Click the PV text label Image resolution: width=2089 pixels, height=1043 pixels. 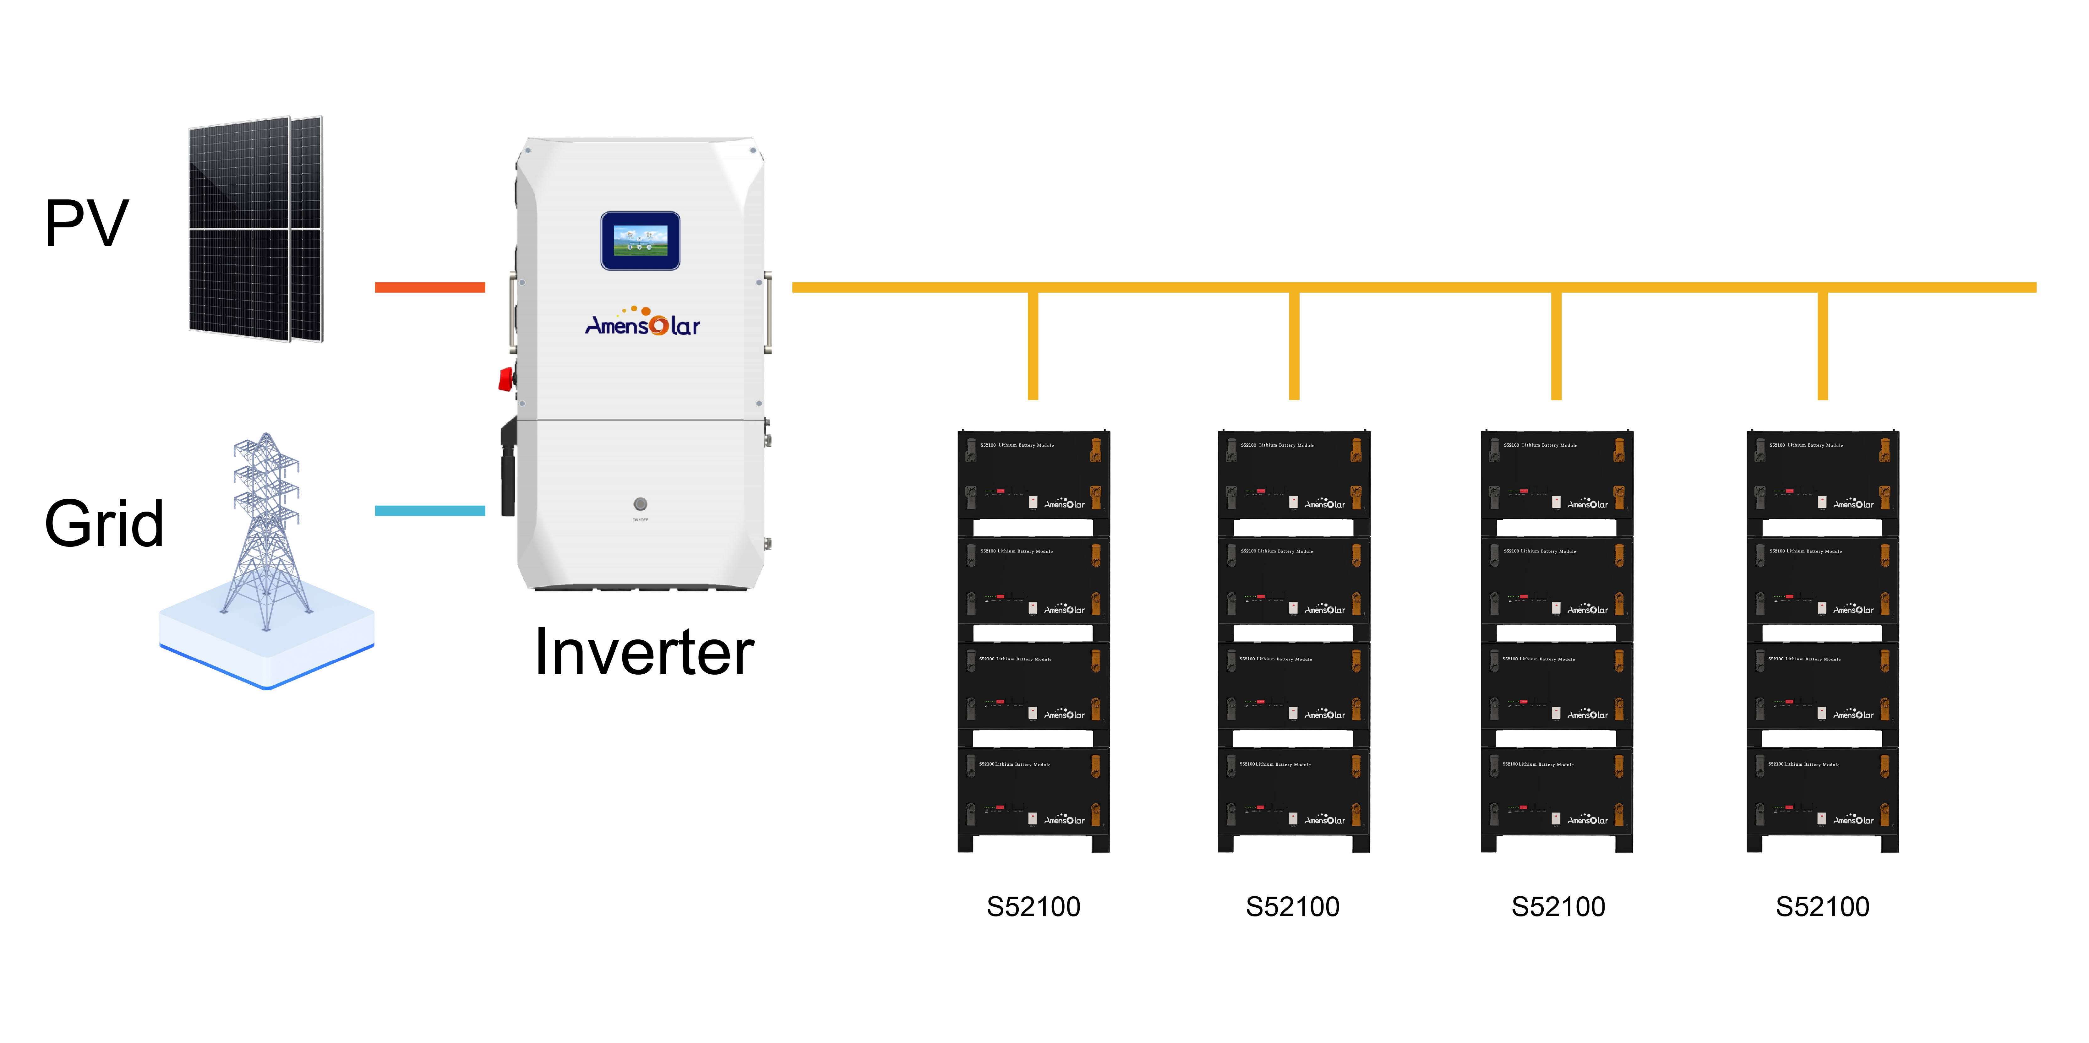[87, 223]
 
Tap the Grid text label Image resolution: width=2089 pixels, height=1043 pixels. [104, 523]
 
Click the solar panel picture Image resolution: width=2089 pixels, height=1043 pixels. [255, 229]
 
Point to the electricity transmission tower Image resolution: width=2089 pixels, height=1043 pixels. [266, 527]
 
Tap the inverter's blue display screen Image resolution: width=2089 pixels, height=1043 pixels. [640, 241]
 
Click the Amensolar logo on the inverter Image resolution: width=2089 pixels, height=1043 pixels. [642, 323]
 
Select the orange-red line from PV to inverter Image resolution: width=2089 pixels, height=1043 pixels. [430, 287]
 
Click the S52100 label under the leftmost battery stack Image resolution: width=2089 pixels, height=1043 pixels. [1033, 906]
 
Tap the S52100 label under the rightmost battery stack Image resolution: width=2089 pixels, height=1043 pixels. [1822, 906]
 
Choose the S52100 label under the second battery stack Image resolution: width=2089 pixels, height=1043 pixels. [1293, 906]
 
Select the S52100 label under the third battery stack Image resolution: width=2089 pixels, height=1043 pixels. [1558, 906]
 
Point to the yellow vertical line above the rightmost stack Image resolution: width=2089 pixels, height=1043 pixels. [1822, 345]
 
